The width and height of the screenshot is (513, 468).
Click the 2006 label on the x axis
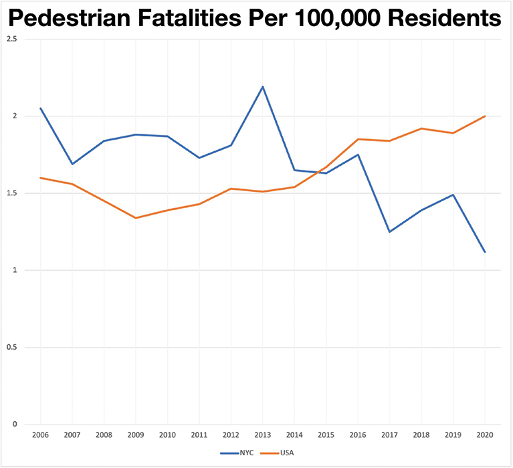tap(40, 435)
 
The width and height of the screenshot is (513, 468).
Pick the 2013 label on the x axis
tap(263, 435)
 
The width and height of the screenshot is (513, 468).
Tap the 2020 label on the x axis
tap(485, 435)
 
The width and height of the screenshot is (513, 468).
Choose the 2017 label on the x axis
tap(390, 435)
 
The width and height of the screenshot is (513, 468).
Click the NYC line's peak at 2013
tap(263, 87)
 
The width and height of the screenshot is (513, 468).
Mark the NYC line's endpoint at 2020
tap(485, 252)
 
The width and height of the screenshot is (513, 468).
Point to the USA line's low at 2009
tap(136, 218)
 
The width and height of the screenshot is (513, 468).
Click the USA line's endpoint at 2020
tap(485, 116)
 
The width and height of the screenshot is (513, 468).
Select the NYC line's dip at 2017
tap(390, 232)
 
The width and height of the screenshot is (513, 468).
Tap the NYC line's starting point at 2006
tap(40, 108)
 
